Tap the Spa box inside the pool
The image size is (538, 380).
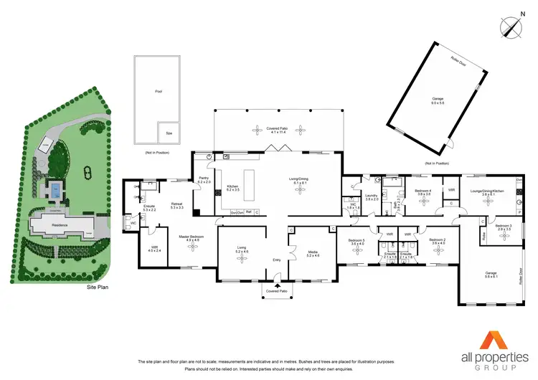coord(169,133)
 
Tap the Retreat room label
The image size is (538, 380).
coord(177,204)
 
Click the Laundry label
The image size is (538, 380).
coord(372,196)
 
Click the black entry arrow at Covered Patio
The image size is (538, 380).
coord(277,285)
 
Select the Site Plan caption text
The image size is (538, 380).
coord(96,286)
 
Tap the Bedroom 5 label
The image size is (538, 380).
coord(357,241)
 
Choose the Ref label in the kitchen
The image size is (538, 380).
coord(248,212)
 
